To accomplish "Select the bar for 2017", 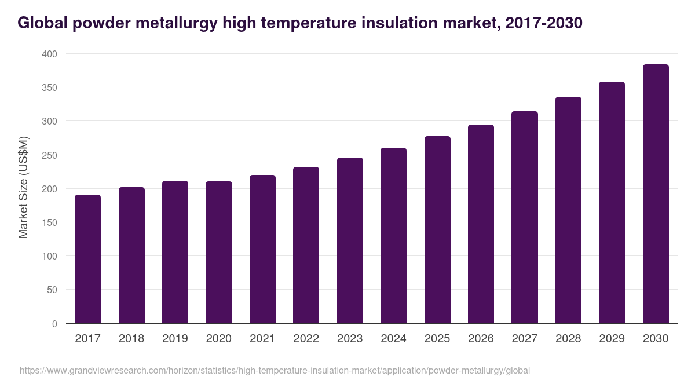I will click(x=88, y=259).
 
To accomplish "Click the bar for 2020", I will click(x=219, y=253).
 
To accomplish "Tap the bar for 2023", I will click(x=350, y=240).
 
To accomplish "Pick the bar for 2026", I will click(x=481, y=224).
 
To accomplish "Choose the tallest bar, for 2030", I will click(x=656, y=194).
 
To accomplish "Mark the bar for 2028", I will click(x=568, y=210).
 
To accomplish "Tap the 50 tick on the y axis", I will click(x=52, y=290).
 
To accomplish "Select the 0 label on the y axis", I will click(x=54, y=324).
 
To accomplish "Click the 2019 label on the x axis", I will click(x=175, y=339).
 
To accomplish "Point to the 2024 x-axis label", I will click(x=393, y=339).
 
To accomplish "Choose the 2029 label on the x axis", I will click(x=612, y=339).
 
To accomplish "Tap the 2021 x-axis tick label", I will click(x=262, y=339).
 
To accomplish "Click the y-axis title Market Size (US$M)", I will click(x=23, y=188).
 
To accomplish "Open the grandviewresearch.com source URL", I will click(x=275, y=370).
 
